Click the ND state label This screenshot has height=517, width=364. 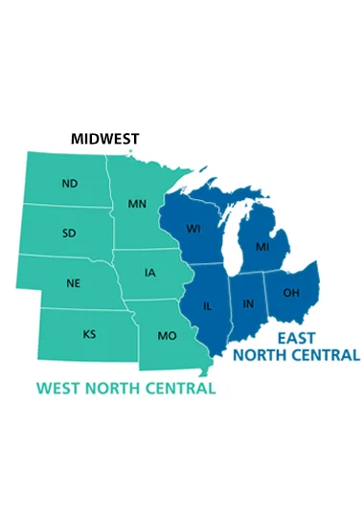[x=69, y=183]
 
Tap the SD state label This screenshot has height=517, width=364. [x=70, y=233]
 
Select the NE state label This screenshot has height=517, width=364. [x=74, y=283]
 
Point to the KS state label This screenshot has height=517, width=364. [x=89, y=335]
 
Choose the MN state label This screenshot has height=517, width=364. [x=137, y=204]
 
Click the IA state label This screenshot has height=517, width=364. [x=150, y=273]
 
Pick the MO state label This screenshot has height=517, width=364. [x=166, y=336]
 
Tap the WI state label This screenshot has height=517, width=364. [x=193, y=229]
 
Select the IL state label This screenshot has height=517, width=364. [x=208, y=306]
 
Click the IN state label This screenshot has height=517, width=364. [x=248, y=303]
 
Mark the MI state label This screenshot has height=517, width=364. [x=262, y=247]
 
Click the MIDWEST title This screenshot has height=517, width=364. [x=106, y=139]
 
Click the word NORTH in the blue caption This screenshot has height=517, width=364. [x=259, y=355]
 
